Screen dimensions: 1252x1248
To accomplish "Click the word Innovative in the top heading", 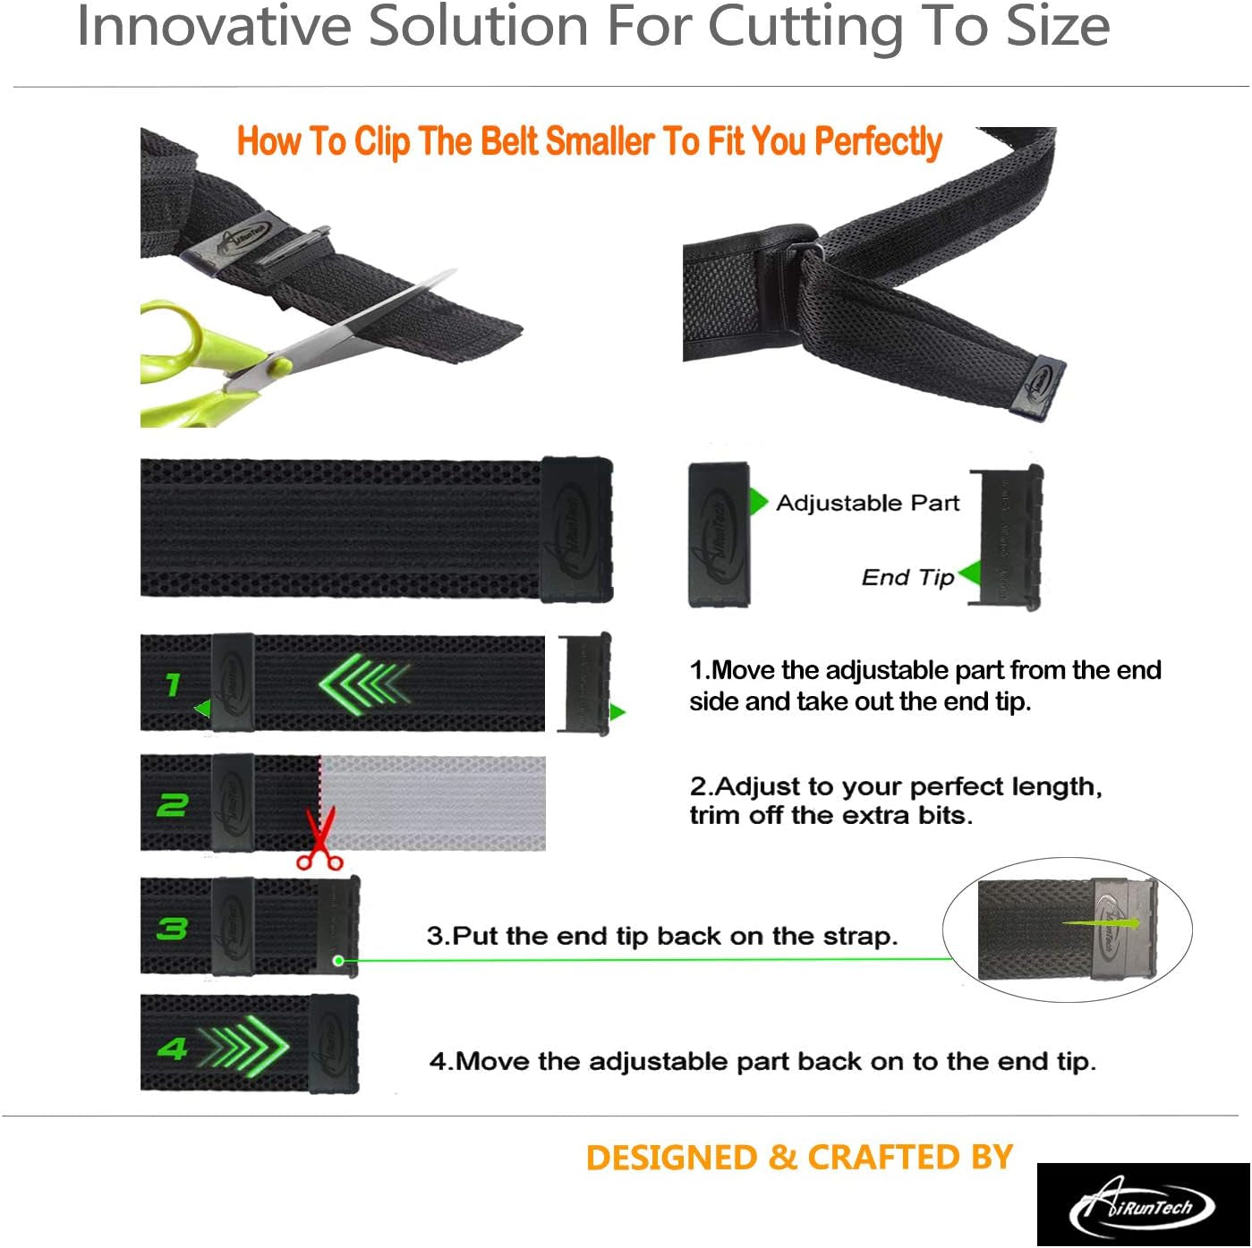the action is tap(214, 26).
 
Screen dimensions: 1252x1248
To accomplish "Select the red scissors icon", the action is tap(319, 838).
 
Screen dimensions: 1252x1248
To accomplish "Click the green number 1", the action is tap(172, 684).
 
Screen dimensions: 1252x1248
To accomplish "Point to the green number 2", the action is tap(172, 805).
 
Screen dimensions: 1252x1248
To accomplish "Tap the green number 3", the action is tap(172, 929).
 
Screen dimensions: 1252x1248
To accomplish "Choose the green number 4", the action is tap(172, 1048).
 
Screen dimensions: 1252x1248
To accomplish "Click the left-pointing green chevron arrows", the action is tap(364, 684).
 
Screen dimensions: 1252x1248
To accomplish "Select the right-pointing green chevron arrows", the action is tap(244, 1047).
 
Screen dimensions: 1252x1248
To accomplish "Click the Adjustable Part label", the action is tap(867, 503).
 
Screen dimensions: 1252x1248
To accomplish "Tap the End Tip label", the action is tap(907, 577).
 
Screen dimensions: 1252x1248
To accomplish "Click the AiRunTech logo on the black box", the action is tap(1143, 1206).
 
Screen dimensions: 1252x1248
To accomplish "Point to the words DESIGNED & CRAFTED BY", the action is tap(799, 1157).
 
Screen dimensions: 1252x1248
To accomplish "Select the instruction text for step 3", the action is tap(662, 936).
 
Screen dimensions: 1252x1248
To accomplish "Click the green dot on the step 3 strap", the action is tap(338, 960).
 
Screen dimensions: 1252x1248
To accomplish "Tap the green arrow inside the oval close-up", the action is tap(1101, 922).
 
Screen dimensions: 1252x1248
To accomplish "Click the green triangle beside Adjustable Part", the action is tap(758, 502).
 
